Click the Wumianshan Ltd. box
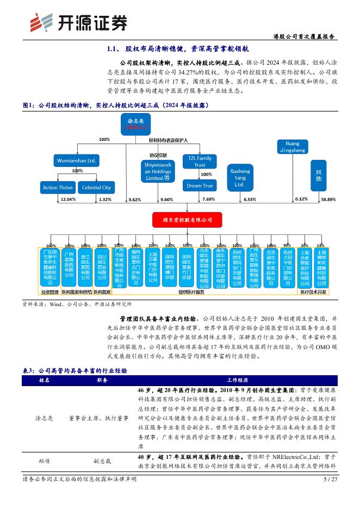[x=76, y=161]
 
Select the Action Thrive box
[x=58, y=188]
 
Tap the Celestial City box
[x=96, y=188]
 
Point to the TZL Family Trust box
[x=200, y=162]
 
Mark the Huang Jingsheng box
[x=293, y=147]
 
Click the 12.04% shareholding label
[x=67, y=200]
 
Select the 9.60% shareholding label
[x=167, y=200]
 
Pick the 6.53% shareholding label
[x=250, y=200]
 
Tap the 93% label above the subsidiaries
[x=287, y=245]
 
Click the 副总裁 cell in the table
[x=101, y=460]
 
